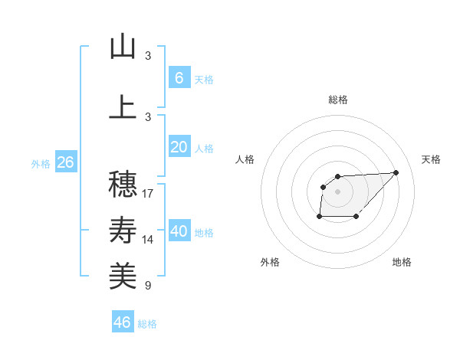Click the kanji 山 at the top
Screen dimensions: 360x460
(123, 47)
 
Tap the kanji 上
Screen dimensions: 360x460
(123, 106)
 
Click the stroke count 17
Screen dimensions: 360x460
(148, 194)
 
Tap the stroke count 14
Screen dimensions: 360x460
(148, 240)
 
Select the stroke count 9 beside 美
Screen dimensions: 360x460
(148, 286)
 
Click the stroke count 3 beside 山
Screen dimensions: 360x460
(148, 56)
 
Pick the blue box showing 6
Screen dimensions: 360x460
(179, 78)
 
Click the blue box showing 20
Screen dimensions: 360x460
(179, 148)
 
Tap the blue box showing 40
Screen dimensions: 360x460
(179, 232)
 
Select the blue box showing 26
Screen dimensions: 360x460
(65, 162)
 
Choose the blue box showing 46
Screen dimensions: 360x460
(123, 322)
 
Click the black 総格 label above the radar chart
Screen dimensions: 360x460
(338, 100)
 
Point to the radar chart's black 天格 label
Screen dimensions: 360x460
(432, 159)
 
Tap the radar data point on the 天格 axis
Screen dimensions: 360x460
(396, 172)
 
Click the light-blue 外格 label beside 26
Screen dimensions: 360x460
(40, 164)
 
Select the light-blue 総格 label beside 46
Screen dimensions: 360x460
(147, 324)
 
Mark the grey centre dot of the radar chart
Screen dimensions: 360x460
(338, 191)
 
